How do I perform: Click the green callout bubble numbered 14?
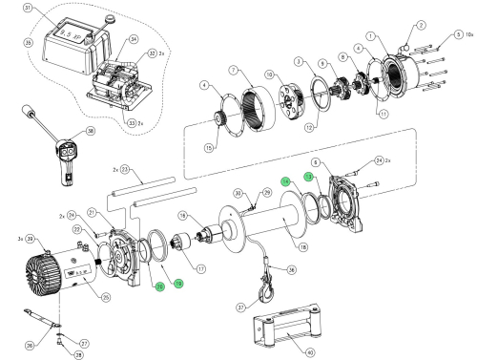pyautogui.click(x=284, y=181)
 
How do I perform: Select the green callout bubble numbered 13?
pyautogui.click(x=308, y=177)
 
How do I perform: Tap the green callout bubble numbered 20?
pyautogui.click(x=160, y=286)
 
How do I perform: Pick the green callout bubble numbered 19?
pyautogui.click(x=177, y=284)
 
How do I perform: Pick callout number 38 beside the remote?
pyautogui.click(x=91, y=132)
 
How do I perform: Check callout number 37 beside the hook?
pyautogui.click(x=241, y=307)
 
